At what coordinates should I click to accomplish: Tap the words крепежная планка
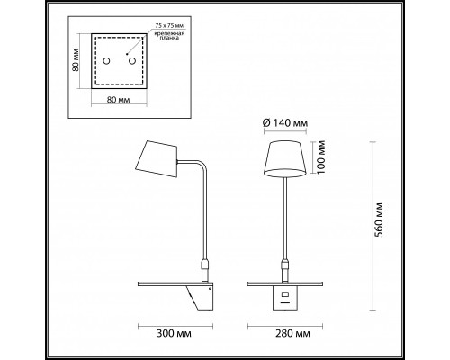(x=159, y=40)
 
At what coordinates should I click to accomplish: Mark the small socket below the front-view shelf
(x=284, y=295)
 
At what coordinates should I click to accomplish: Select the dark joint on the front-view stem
(x=284, y=266)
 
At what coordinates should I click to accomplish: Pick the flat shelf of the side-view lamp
(x=171, y=283)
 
